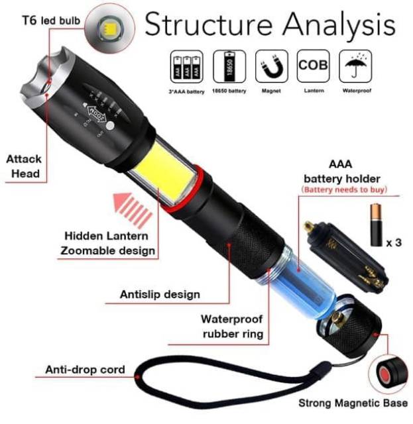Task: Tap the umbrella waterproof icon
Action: click(356, 66)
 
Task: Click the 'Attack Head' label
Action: click(24, 166)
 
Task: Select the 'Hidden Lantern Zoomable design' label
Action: click(109, 243)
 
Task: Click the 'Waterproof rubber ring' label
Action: click(232, 326)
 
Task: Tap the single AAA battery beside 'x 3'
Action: click(376, 226)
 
